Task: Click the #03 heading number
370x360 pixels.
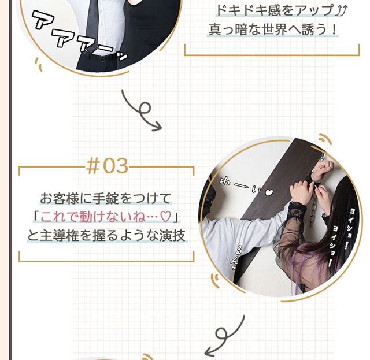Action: point(108,166)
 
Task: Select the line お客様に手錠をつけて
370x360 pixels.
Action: point(105,198)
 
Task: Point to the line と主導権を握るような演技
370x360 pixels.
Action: point(106,236)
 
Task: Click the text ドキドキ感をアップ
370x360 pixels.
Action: point(275,10)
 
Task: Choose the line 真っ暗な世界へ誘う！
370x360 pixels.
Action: point(273,29)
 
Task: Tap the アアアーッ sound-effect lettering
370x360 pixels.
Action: point(79,36)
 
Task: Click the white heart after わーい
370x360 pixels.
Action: point(269,192)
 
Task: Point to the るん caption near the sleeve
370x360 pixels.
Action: point(236,257)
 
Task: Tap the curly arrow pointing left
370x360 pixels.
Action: point(224,336)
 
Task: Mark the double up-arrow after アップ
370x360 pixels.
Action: point(342,10)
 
